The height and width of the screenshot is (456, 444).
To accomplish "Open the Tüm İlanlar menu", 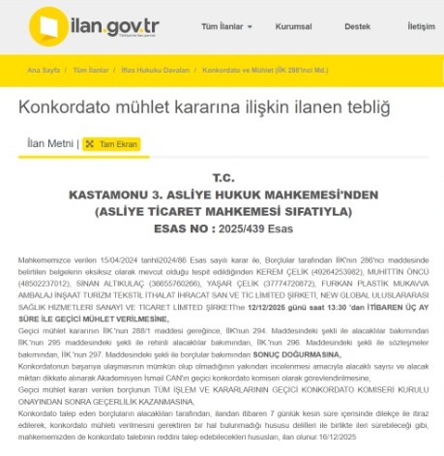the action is point(203,26).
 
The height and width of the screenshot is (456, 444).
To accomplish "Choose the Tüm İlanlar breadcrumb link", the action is point(92,71).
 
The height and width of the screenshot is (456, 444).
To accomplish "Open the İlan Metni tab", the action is point(50,143).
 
